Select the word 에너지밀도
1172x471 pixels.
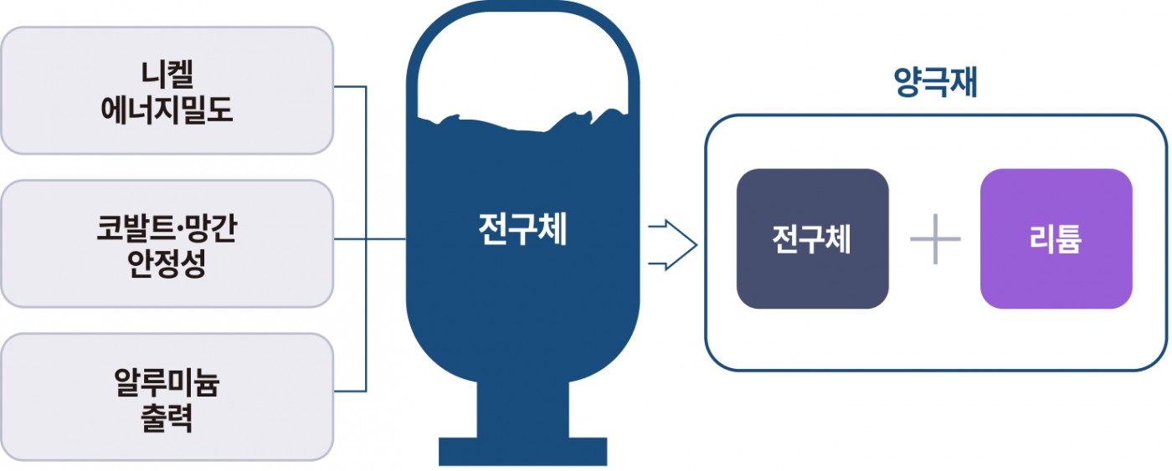167,109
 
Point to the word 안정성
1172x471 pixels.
167,263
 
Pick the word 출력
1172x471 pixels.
167,417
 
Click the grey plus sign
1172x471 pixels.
935,239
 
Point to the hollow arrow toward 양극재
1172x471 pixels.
673,246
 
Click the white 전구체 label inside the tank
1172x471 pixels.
522,229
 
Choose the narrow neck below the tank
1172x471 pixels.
522,410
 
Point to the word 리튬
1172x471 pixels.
1056,239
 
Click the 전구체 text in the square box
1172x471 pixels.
812,239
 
